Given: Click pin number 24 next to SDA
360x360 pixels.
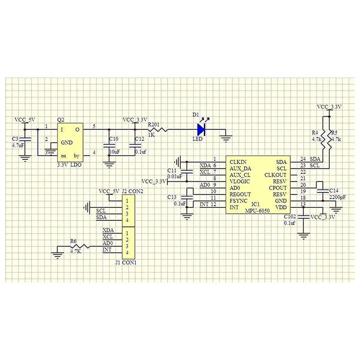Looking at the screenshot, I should (x=303, y=159).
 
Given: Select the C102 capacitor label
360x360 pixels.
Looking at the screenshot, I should (x=290, y=216).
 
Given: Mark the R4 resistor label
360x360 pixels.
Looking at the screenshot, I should (x=315, y=133).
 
